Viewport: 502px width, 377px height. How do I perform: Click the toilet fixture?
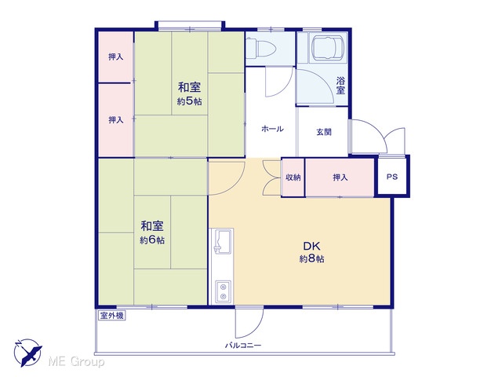[x=260, y=49]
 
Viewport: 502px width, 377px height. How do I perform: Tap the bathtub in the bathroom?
[x=328, y=47]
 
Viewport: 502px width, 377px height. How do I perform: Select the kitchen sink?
[x=222, y=241]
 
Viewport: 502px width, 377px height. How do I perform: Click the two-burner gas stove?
[x=223, y=291]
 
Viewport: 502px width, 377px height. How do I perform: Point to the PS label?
[x=392, y=177]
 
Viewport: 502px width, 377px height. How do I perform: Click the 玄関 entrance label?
[x=324, y=132]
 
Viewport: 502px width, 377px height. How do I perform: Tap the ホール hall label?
[x=272, y=129]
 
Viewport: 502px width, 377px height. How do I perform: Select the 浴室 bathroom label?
[x=340, y=86]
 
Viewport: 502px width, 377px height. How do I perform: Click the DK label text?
[x=311, y=246]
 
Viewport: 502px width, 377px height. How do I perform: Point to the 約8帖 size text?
[x=311, y=258]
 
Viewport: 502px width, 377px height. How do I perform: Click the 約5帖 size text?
[x=190, y=101]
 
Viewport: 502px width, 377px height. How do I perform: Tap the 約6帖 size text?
[x=152, y=240]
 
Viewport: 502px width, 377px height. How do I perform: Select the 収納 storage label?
[x=293, y=177]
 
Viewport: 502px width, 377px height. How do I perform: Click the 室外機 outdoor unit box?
[x=111, y=316]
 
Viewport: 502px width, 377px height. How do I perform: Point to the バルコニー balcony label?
[x=243, y=346]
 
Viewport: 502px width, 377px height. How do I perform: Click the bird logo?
[x=28, y=353]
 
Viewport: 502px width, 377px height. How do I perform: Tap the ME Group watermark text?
[x=76, y=361]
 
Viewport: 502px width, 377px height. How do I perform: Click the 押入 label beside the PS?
[x=340, y=177]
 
